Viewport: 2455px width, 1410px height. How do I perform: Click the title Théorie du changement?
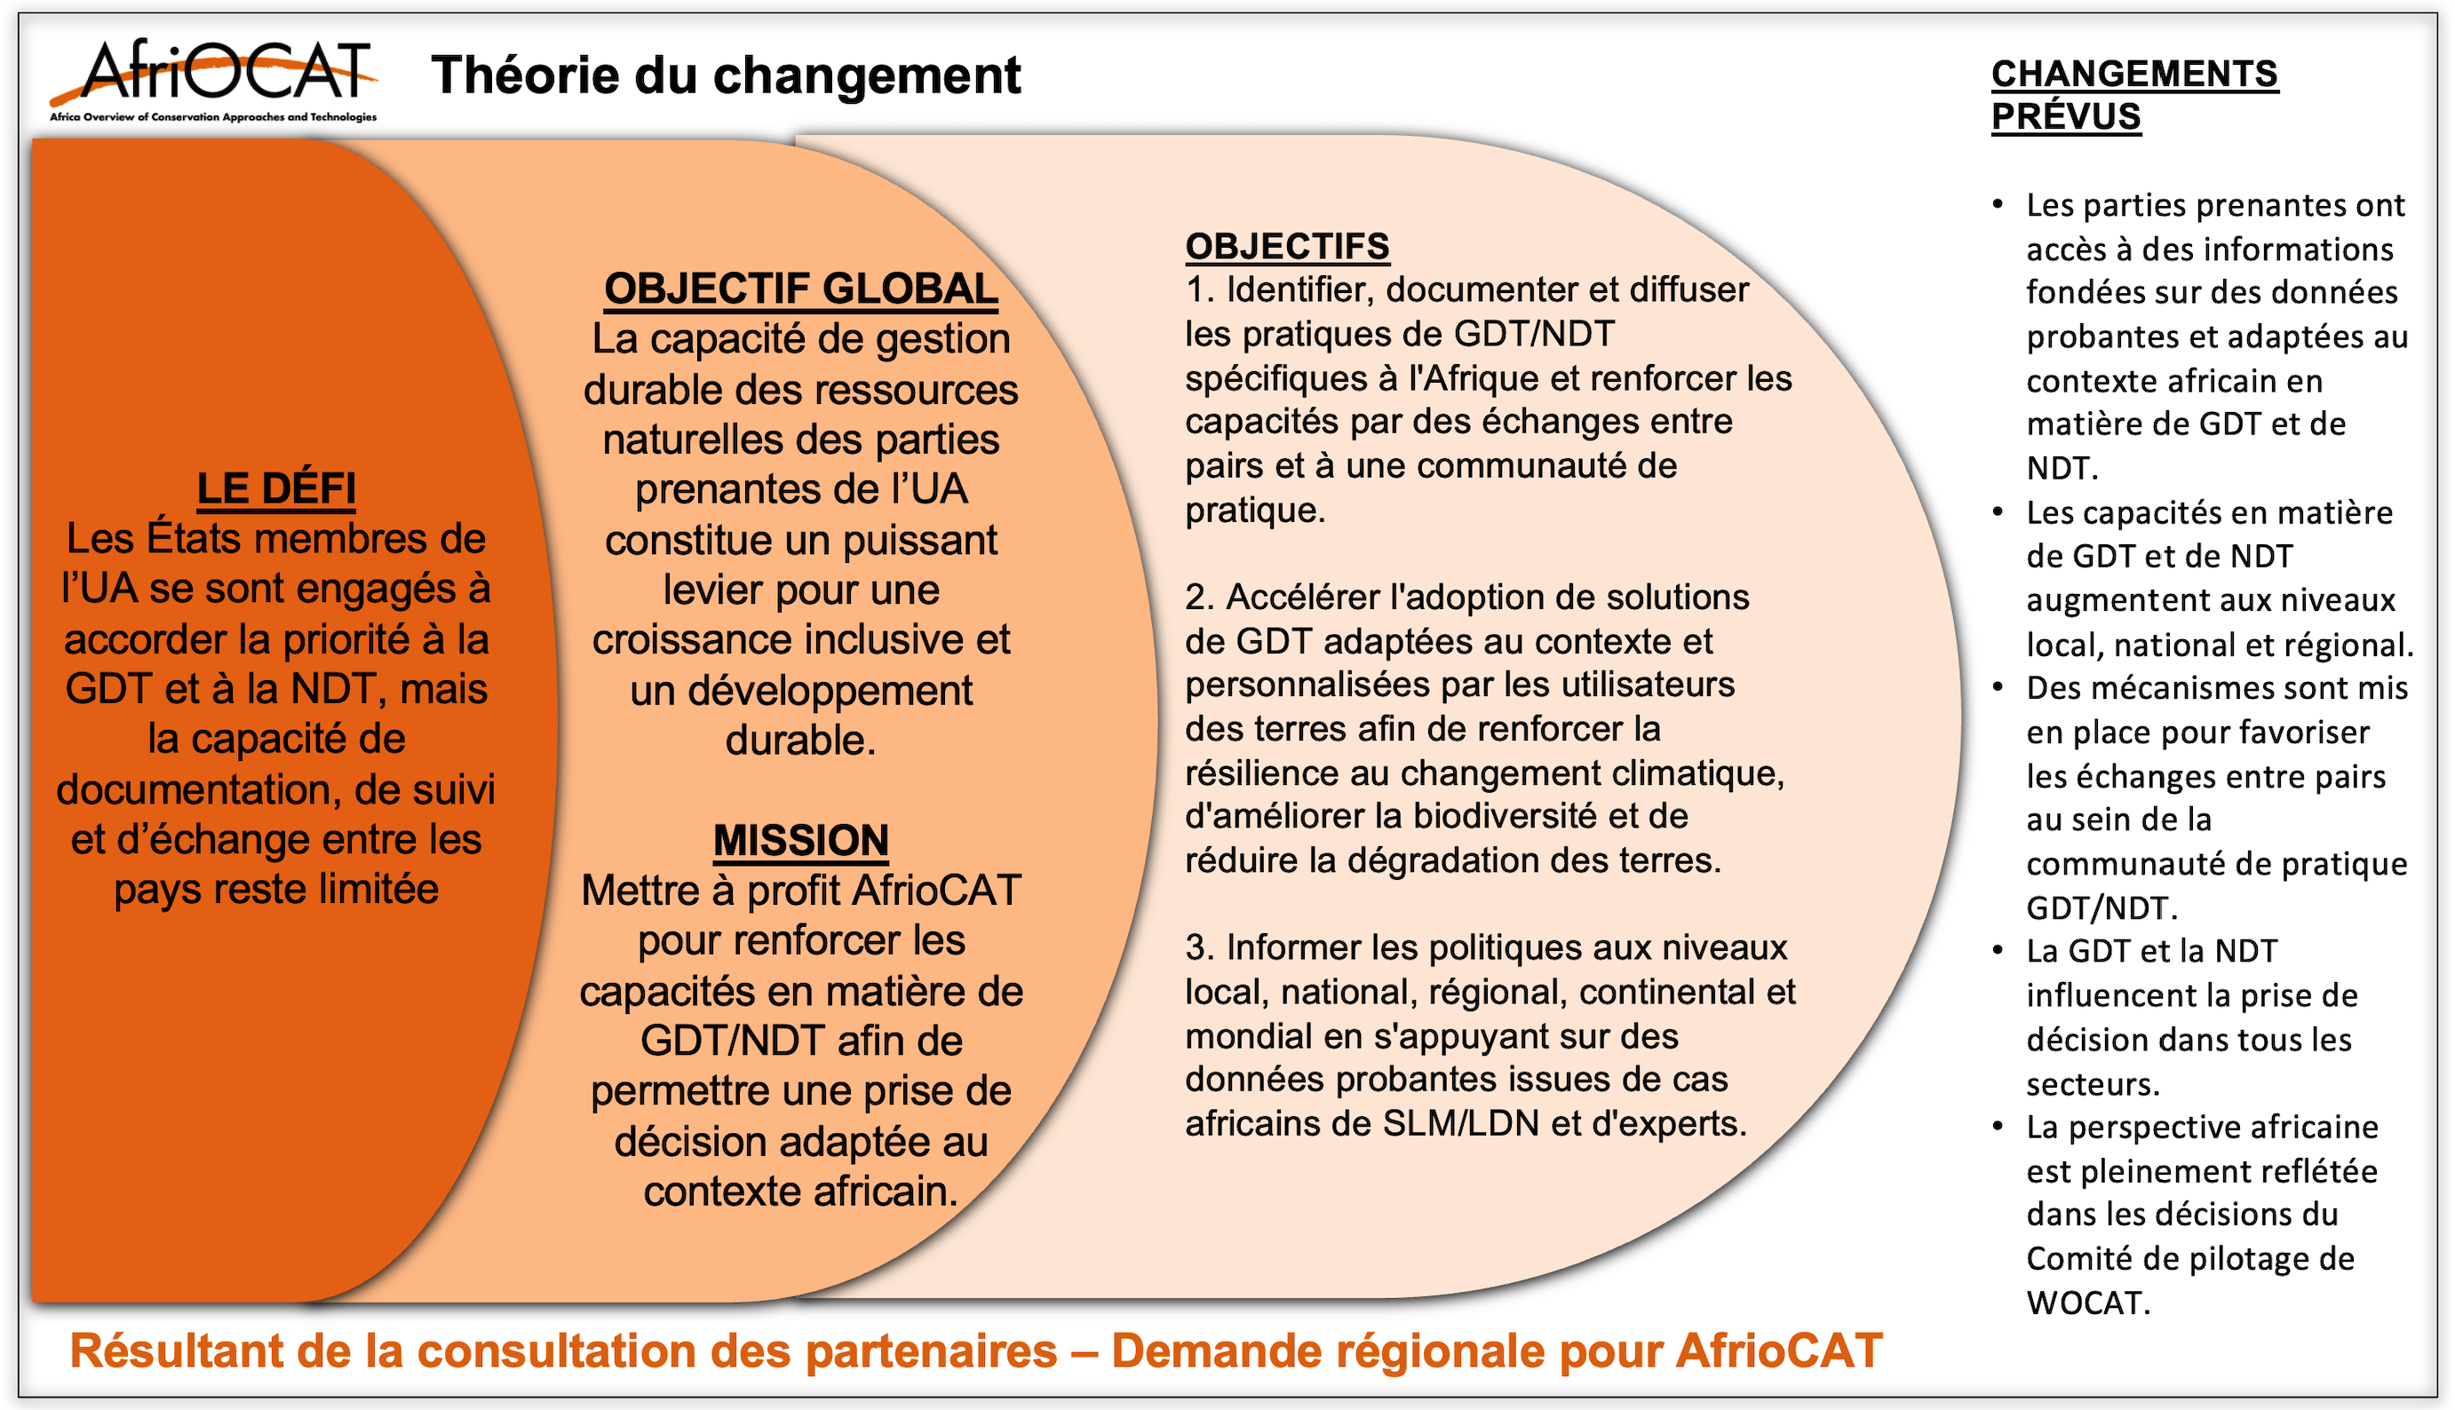pyautogui.click(x=726, y=75)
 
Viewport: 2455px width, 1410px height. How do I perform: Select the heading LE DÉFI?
pyautogui.click(x=276, y=488)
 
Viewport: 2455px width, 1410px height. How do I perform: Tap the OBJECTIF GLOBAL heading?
pyautogui.click(x=800, y=289)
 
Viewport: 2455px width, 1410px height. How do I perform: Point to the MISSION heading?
pyautogui.click(x=800, y=840)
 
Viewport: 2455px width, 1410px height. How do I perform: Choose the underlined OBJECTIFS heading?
pyautogui.click(x=1286, y=246)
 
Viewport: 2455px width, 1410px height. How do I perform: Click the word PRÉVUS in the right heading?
pyautogui.click(x=2065, y=116)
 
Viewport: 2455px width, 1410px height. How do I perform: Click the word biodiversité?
pyautogui.click(x=1504, y=816)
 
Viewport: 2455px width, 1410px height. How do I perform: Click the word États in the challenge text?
pyautogui.click(x=192, y=538)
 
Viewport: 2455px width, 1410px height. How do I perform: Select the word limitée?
pyautogui.click(x=371, y=889)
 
